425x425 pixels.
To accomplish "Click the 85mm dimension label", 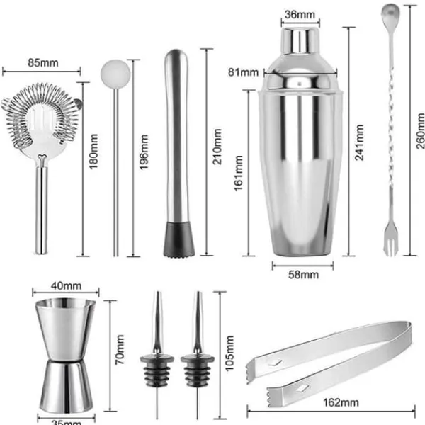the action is [x=43, y=62].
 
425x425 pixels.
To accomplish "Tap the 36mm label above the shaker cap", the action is [x=300, y=14].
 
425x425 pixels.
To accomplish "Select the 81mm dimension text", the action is [x=243, y=72].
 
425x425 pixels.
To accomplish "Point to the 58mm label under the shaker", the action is [x=303, y=275].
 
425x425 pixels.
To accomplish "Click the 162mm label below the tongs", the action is [x=341, y=402].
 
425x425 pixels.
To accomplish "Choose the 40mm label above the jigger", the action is [x=66, y=285].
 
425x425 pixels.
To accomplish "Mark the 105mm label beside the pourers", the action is [x=229, y=353].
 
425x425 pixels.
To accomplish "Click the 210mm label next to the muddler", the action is [x=217, y=147].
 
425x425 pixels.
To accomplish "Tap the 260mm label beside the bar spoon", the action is [x=420, y=131].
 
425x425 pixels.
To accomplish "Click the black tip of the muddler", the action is [x=179, y=239].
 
